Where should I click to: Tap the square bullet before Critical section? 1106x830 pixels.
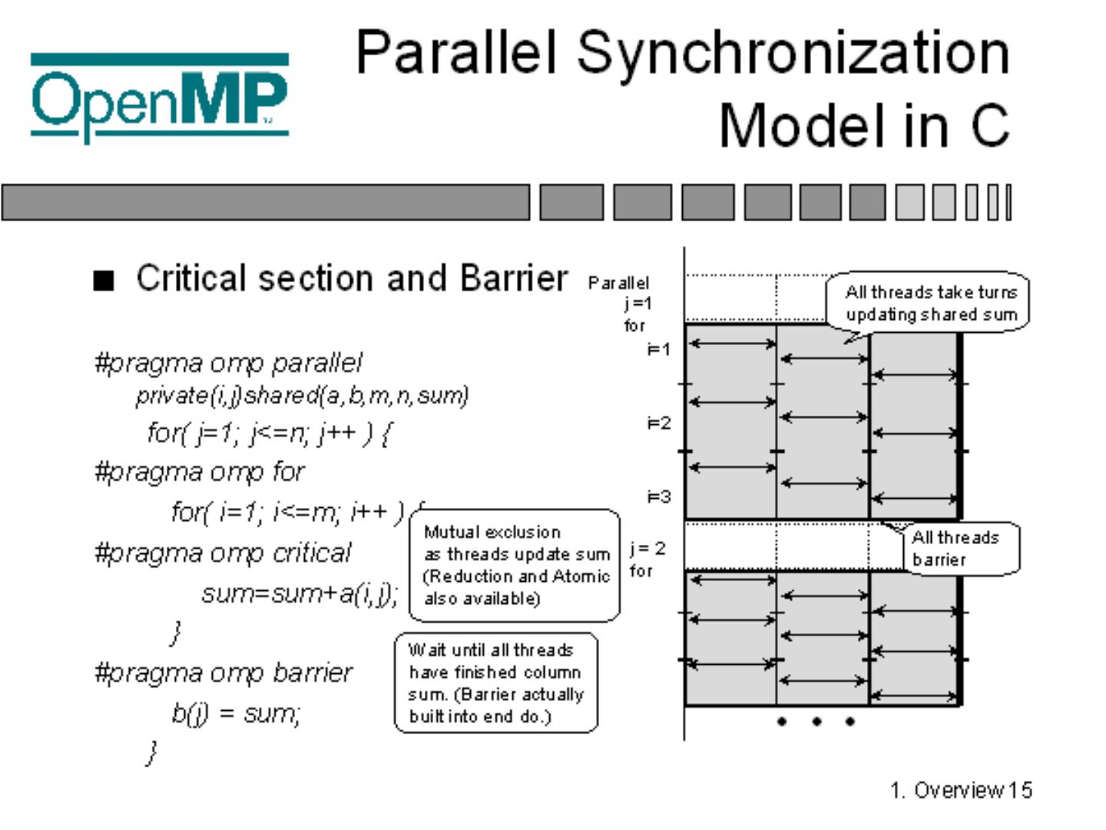coord(103,281)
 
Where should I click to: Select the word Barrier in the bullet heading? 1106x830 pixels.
coord(514,278)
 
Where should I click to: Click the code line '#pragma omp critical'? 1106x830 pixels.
coord(222,553)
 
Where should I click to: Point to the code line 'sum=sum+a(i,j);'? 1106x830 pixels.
coord(300,593)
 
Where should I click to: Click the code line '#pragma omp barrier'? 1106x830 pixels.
coord(223,672)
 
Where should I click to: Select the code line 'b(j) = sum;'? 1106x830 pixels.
coord(236,713)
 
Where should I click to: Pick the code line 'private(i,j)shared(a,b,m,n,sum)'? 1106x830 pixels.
coord(302,395)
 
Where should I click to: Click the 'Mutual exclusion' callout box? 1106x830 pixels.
coord(515,565)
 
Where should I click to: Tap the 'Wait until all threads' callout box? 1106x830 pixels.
coord(495,682)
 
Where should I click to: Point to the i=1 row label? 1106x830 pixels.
coord(658,350)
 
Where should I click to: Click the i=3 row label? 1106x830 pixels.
coord(658,497)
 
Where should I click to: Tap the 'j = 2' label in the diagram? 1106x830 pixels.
coord(647,549)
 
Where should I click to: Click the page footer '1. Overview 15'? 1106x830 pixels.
coord(961,790)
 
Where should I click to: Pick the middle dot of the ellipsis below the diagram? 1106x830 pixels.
coord(816,721)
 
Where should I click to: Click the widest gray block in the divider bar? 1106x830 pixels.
coord(266,203)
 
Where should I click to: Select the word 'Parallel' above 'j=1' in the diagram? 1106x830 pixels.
coord(618,283)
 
